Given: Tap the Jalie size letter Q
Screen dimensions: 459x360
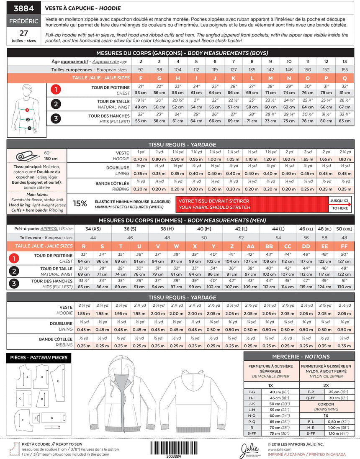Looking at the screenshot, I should pos(344,78).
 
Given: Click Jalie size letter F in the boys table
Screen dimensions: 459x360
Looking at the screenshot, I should pos(141,78).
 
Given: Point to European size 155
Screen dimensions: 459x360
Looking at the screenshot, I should pos(344,69).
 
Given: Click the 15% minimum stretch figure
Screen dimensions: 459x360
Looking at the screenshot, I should pos(80,204).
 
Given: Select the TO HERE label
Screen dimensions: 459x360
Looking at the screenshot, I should pos(340,208).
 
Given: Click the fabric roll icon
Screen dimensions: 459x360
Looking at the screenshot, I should pos(26,156).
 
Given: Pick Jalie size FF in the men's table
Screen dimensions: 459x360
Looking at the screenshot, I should pos(344,246).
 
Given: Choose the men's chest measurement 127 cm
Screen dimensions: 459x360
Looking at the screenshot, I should pos(344,262).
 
